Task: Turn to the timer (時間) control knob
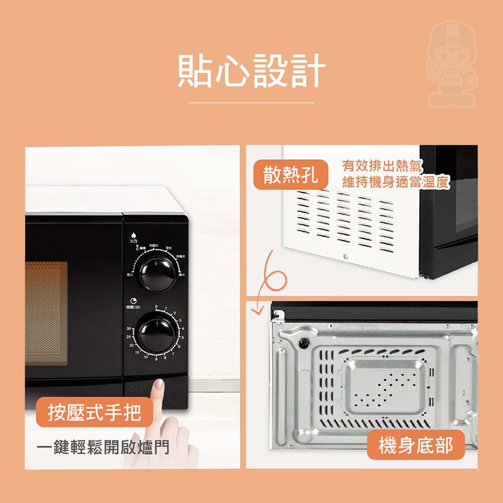point(157,334)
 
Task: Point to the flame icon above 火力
point(134,235)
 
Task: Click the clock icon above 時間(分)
point(135,301)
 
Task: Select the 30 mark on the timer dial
point(129,329)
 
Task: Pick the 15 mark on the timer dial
point(137,354)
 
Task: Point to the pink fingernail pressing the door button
point(159,385)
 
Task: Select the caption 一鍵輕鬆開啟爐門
point(104,447)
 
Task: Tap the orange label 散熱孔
point(291,174)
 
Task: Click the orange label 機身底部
point(415,445)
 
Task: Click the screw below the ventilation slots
point(345,256)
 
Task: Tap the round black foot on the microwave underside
point(303,343)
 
